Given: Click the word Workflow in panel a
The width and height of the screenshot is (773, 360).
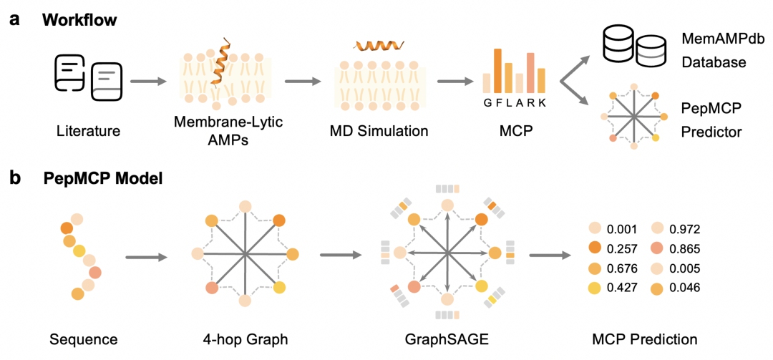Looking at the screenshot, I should coord(79,19).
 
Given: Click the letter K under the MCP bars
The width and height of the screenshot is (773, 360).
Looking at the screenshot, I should coord(543,103).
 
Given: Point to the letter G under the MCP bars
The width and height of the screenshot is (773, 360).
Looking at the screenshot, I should coord(487,103).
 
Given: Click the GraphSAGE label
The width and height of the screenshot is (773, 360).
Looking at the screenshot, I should coord(447,339).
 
